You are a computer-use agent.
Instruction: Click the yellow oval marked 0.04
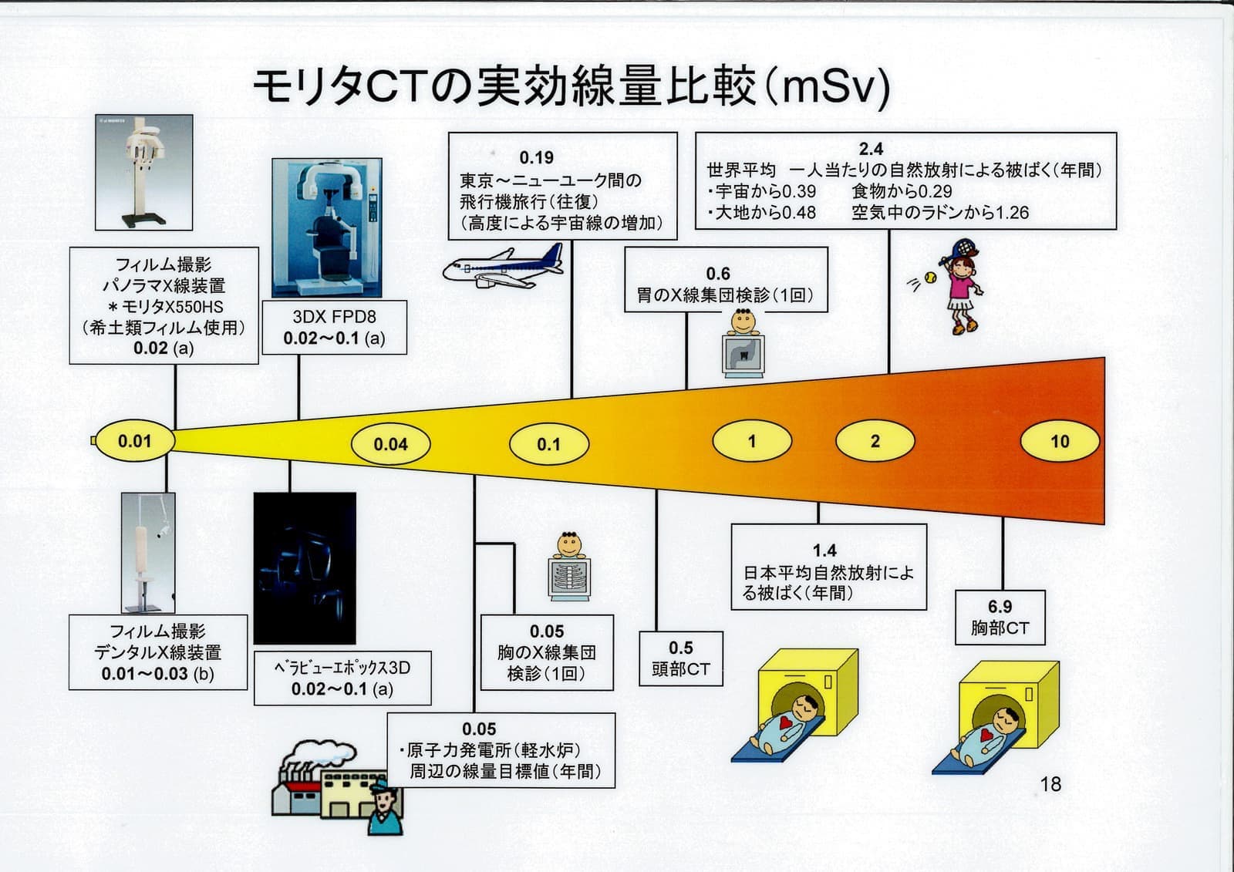(390, 444)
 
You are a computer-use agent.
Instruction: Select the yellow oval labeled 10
(1060, 442)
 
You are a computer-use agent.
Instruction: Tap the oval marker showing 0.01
(134, 441)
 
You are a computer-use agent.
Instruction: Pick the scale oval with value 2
(875, 441)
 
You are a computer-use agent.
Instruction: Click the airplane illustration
(502, 266)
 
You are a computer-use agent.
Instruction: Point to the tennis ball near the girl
(931, 277)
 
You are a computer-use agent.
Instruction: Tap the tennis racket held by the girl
(963, 248)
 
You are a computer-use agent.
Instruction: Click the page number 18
(1050, 784)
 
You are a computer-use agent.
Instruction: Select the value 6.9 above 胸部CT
(1000, 607)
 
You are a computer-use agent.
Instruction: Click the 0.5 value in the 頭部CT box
(680, 648)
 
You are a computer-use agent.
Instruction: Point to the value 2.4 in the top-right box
(871, 149)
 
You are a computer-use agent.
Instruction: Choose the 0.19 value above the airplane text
(536, 158)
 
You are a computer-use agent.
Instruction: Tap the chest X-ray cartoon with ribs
(569, 567)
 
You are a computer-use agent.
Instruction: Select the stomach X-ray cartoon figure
(743, 345)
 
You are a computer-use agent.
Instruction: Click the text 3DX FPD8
(334, 317)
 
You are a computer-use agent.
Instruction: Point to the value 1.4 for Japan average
(824, 550)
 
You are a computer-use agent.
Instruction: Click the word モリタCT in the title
(339, 87)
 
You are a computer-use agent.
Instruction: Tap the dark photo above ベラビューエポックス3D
(305, 568)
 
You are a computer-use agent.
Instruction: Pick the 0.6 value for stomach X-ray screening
(718, 274)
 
